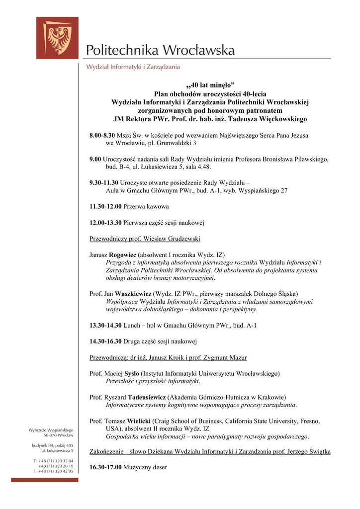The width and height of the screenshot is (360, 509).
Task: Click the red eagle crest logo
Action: coord(57,38)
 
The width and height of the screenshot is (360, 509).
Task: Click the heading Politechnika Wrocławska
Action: coord(160,50)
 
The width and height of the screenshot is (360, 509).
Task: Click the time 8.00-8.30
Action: coord(102,135)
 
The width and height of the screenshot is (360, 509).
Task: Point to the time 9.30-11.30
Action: coord(104,182)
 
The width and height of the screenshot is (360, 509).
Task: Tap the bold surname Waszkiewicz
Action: coord(133,294)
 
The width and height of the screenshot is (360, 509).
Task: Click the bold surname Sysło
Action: coord(132,373)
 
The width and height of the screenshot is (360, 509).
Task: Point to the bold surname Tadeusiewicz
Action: coord(147,397)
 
